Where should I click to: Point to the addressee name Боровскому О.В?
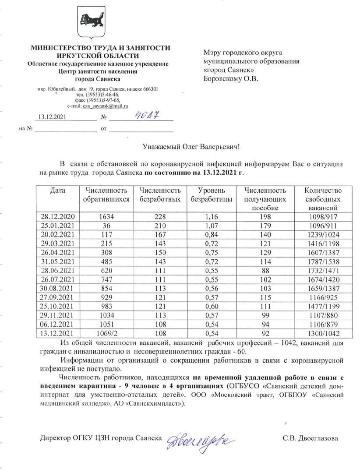[231, 79]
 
